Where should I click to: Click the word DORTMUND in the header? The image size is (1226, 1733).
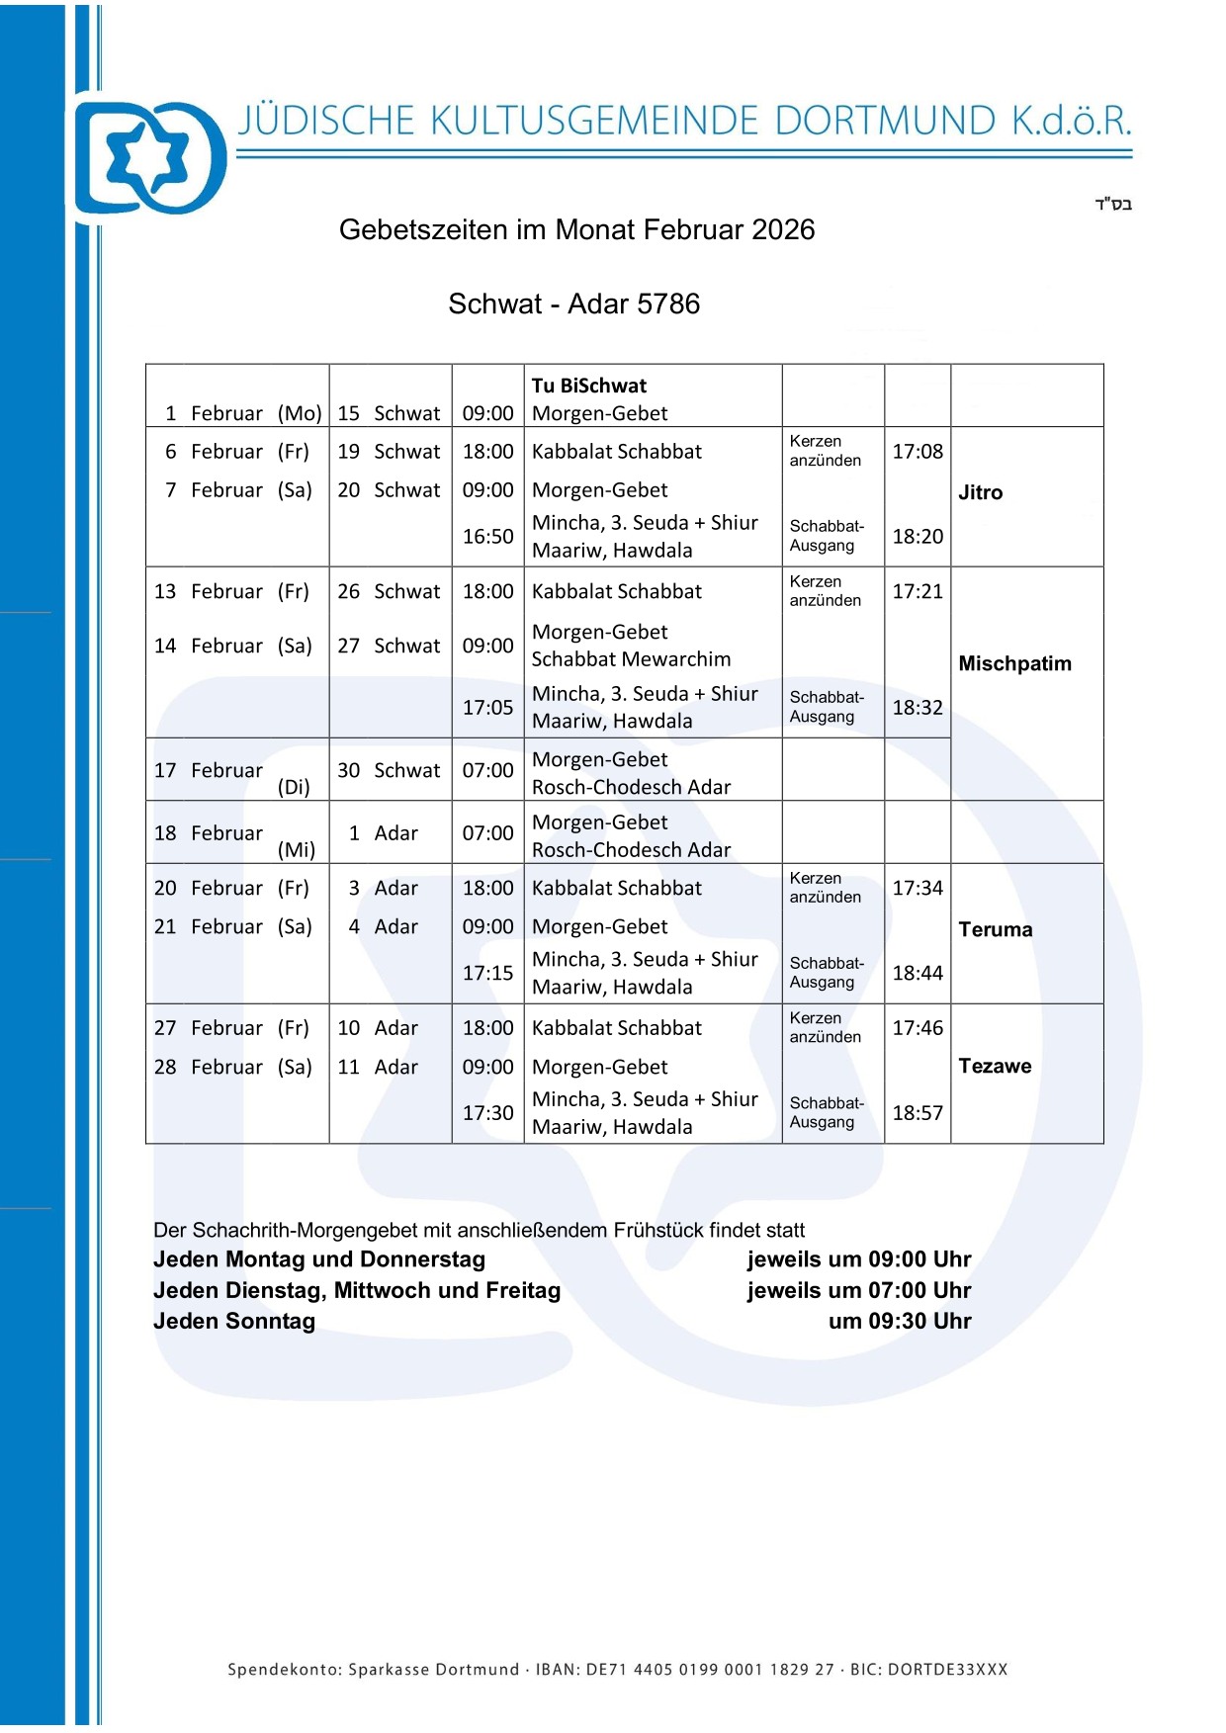[885, 121]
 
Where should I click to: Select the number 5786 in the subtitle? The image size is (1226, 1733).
[668, 303]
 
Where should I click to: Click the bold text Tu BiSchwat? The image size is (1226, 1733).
[588, 386]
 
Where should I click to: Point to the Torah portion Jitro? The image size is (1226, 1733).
[980, 492]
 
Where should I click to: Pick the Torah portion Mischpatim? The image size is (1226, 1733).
[1014, 663]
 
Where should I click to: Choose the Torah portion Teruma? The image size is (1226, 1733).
[995, 929]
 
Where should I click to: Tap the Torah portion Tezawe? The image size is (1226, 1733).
[995, 1066]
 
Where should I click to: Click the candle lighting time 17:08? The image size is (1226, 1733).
[918, 452]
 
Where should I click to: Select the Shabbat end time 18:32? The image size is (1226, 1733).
[918, 708]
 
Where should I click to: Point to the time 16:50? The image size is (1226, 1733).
[487, 537]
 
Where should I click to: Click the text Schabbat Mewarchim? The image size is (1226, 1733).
[631, 659]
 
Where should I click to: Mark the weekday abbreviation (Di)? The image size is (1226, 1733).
[294, 787]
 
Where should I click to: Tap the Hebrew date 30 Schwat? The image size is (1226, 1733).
[389, 770]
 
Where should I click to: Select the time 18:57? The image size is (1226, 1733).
[918, 1113]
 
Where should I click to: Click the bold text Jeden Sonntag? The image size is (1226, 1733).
[234, 1321]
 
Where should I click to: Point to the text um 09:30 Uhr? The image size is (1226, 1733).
[900, 1321]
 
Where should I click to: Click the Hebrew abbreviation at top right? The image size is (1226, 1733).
[1112, 205]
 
